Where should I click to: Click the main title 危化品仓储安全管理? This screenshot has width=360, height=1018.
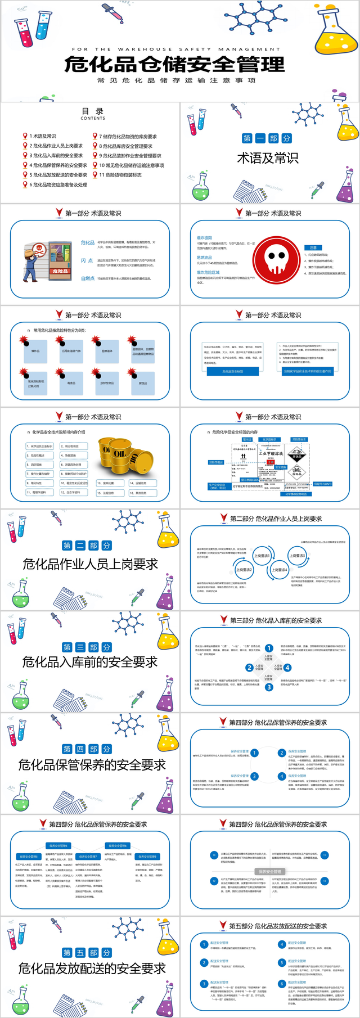pyautogui.click(x=175, y=64)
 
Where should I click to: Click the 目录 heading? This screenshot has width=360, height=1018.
pyautogui.click(x=93, y=111)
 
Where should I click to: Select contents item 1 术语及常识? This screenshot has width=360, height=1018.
pyautogui.click(x=43, y=136)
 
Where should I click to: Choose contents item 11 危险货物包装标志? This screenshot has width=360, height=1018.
pyautogui.click(x=120, y=175)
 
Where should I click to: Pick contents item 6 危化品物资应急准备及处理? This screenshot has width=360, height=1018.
pyautogui.click(x=58, y=184)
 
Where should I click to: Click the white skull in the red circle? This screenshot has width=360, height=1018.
pyautogui.click(x=276, y=259)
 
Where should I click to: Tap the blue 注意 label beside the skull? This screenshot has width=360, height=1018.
pyautogui.click(x=313, y=247)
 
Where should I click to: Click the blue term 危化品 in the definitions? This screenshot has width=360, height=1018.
pyautogui.click(x=88, y=243)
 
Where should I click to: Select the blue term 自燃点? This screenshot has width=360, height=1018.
pyautogui.click(x=88, y=278)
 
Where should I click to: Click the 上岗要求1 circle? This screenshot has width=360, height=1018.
pyautogui.click(x=262, y=556)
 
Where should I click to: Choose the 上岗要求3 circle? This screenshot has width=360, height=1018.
pyautogui.click(x=297, y=556)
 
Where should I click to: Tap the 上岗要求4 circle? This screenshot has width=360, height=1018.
pyautogui.click(x=280, y=570)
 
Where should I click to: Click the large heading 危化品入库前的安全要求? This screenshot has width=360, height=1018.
pyautogui.click(x=90, y=662)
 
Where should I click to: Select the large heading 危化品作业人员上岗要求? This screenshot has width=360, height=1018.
pyautogui.click(x=90, y=564)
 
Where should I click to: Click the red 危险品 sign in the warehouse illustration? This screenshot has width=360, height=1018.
pyautogui.click(x=60, y=271)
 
